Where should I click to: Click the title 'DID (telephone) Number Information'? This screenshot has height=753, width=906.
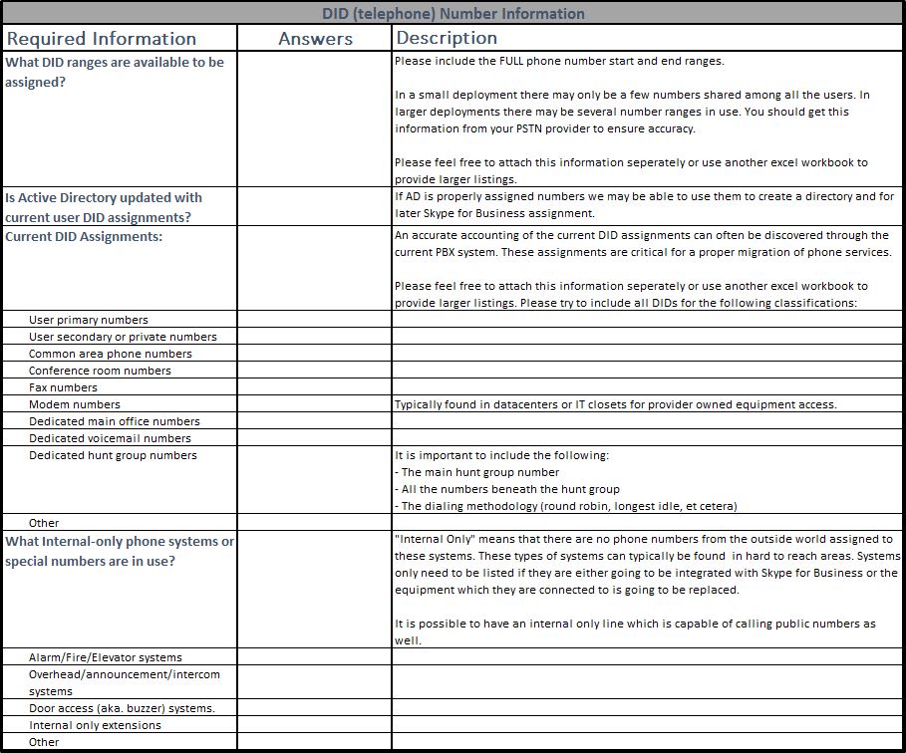coord(453,13)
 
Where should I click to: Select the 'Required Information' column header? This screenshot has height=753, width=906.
coord(102,39)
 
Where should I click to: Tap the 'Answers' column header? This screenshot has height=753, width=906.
coord(315,39)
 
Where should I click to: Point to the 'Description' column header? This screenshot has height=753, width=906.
coord(447,38)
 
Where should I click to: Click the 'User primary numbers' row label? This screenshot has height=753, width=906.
coord(89,320)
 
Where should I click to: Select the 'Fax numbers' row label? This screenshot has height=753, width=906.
coord(64,387)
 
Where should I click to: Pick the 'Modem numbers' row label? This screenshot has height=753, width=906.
coord(75,404)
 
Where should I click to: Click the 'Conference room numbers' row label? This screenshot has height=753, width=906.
coord(100,371)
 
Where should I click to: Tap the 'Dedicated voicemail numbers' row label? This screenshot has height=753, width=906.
coord(110,438)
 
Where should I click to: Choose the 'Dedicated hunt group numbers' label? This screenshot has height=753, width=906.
coord(113,455)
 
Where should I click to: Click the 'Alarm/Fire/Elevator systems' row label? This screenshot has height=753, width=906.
coord(106,657)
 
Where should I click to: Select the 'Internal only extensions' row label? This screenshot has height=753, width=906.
coord(95,725)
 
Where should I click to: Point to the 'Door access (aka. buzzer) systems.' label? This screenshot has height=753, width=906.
coord(122,708)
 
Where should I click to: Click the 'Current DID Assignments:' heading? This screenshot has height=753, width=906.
coord(84,237)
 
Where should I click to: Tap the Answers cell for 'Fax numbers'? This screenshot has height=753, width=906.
coord(314,387)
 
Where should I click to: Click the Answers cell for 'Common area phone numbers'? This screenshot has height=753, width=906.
coord(314,354)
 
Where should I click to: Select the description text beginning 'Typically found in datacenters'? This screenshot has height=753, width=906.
coord(615,404)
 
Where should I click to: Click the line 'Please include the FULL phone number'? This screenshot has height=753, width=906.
coord(558,61)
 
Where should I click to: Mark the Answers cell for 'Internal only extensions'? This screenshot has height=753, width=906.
coord(314,725)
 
